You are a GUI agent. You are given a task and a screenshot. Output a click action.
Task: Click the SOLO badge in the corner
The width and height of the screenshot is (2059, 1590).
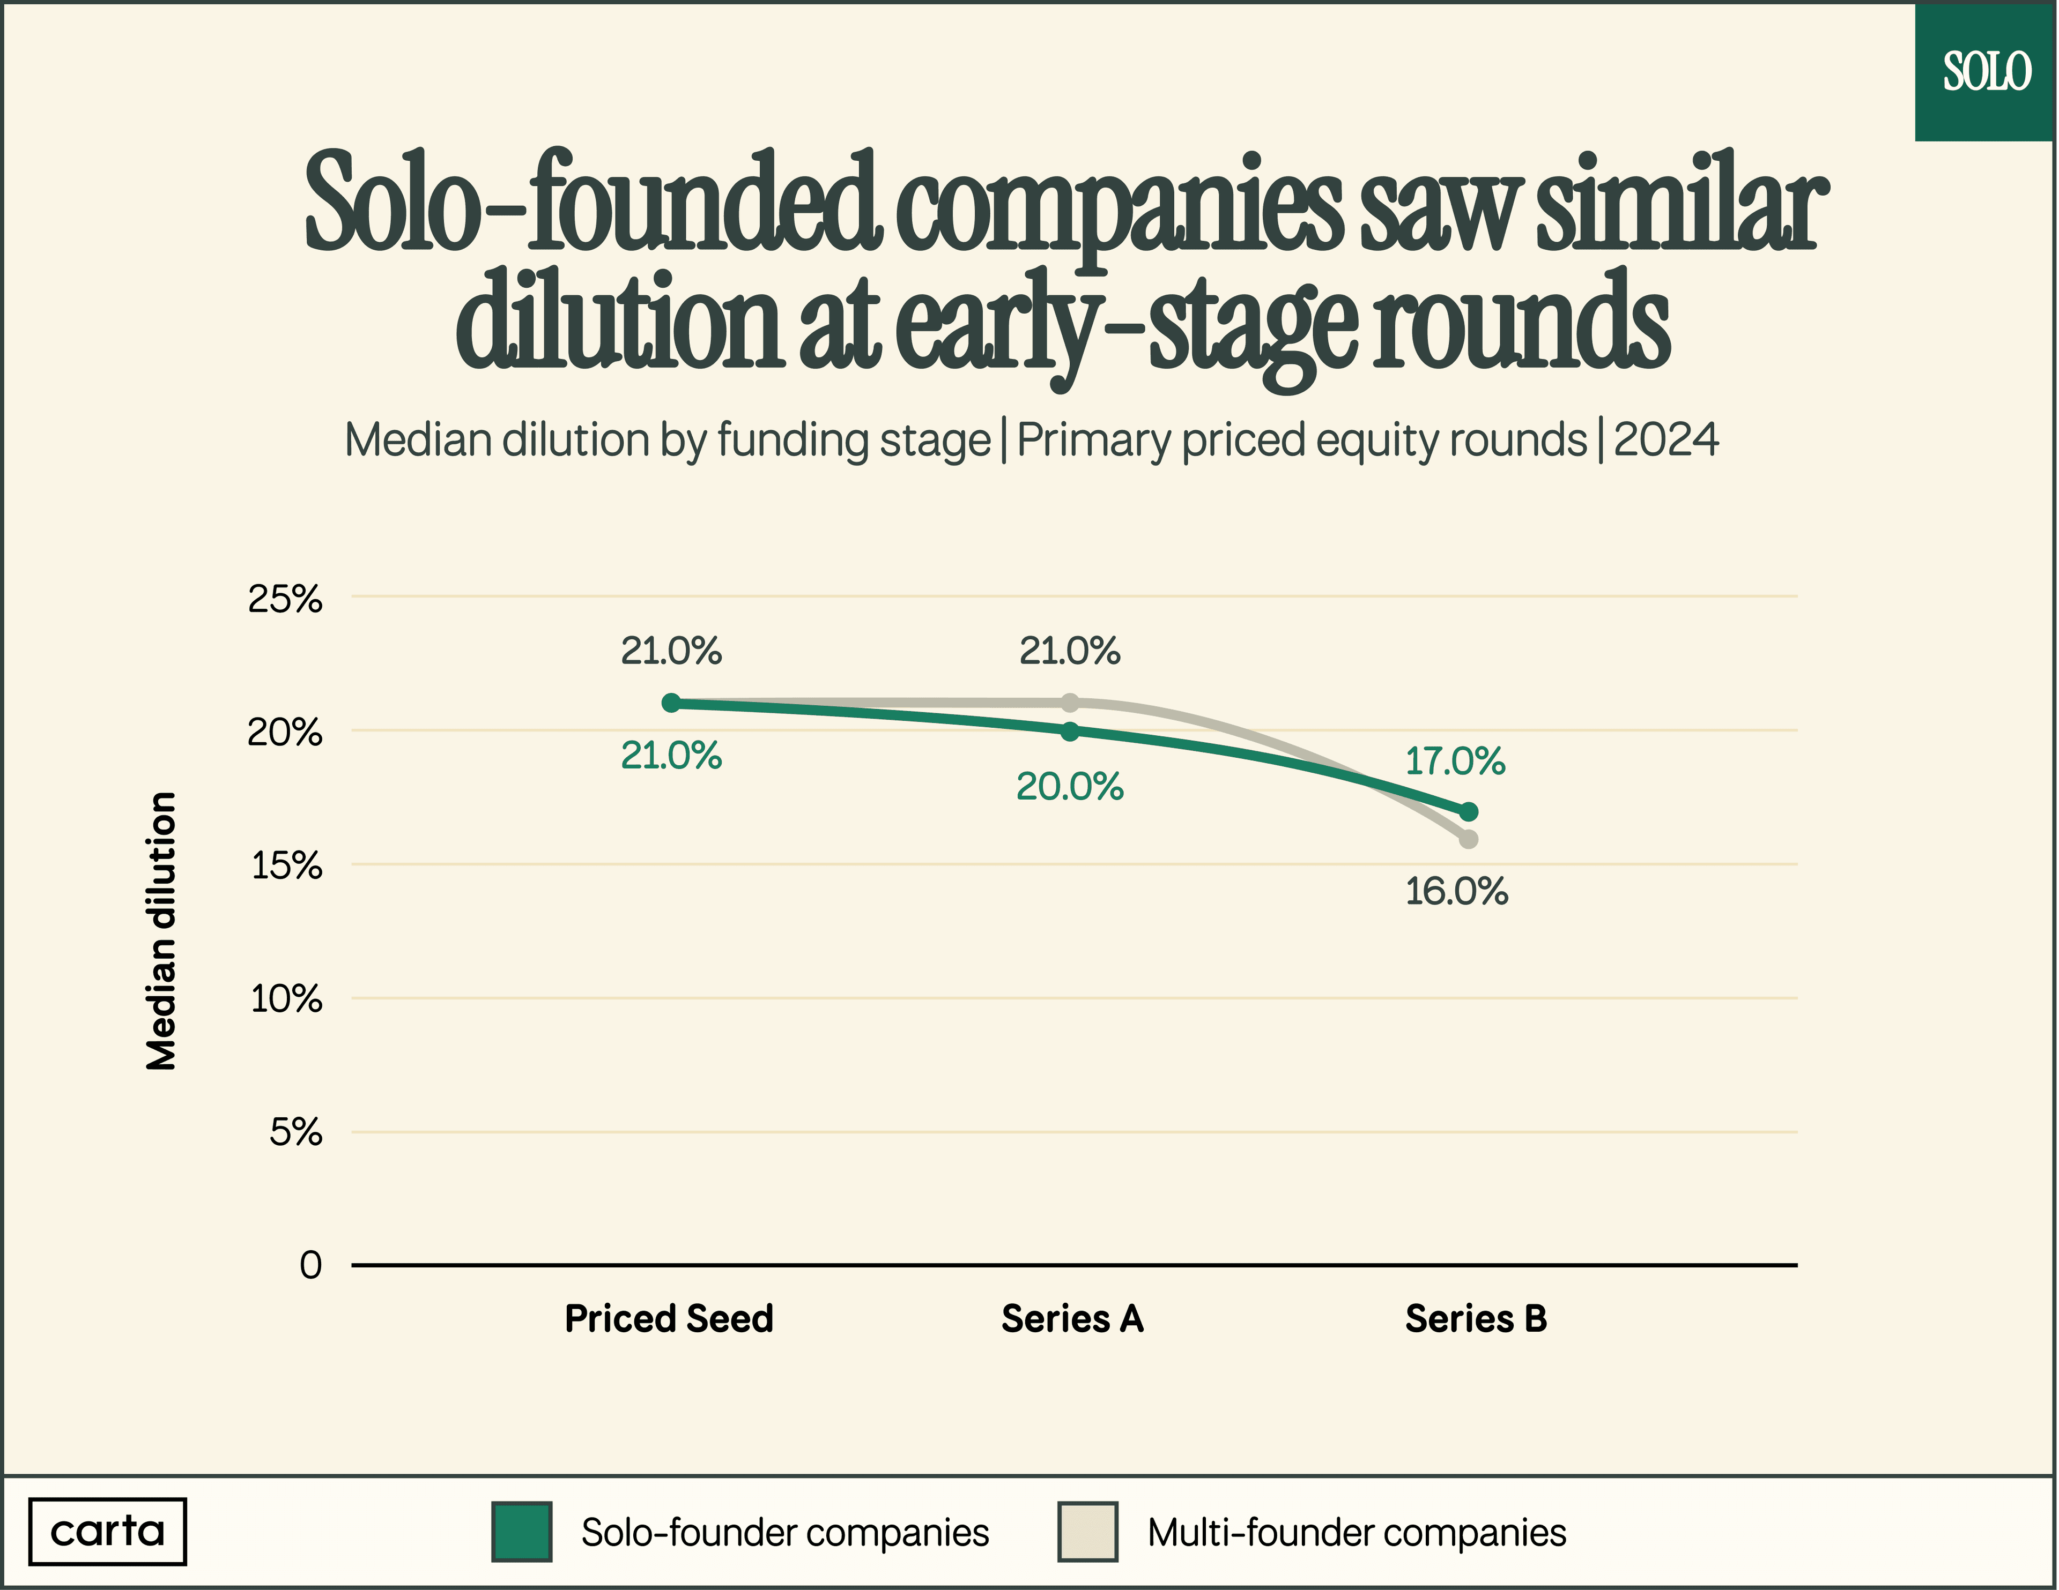(1986, 72)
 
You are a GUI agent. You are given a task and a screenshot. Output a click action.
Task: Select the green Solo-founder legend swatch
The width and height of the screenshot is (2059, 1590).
(521, 1532)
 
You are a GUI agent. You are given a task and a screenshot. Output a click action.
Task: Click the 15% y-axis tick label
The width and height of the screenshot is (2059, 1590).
(287, 865)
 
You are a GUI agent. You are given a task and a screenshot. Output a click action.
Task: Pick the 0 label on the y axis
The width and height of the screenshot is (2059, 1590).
(310, 1265)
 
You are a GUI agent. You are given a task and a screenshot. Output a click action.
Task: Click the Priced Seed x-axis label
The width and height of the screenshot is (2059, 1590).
(669, 1318)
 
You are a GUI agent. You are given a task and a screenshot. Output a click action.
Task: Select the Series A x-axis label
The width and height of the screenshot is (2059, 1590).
(1072, 1318)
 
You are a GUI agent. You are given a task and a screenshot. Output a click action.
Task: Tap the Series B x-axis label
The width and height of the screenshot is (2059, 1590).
(1476, 1318)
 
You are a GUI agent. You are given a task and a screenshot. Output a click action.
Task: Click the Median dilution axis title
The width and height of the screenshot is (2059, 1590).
(162, 931)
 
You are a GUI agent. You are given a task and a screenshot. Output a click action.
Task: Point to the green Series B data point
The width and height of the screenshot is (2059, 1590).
(1468, 811)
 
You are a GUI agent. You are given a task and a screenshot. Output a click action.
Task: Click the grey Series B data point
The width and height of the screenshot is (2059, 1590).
(1468, 839)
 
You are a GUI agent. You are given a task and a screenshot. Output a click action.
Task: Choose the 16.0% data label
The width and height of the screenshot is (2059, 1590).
(1456, 892)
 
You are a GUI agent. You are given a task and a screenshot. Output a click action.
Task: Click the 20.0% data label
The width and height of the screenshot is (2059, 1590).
(1070, 787)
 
